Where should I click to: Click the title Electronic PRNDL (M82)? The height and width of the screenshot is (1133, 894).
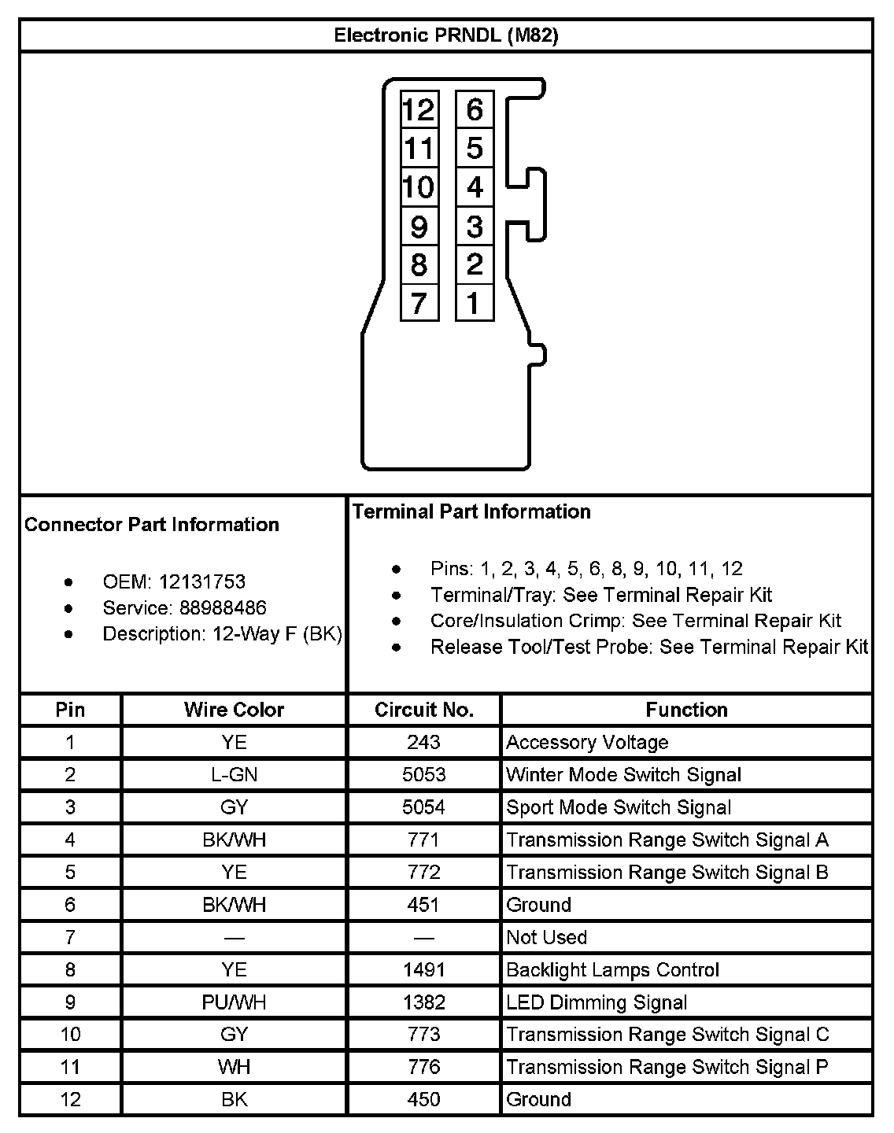tap(446, 35)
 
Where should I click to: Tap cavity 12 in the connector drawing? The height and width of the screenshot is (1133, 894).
tap(419, 109)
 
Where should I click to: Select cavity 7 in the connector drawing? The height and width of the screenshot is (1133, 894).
tap(419, 303)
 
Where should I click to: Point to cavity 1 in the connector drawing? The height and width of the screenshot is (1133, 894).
tap(474, 303)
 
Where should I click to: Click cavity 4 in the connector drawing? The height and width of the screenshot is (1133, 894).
tap(474, 187)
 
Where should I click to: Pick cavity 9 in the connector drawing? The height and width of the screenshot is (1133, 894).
tap(419, 227)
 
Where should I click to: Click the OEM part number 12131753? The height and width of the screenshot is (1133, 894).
tap(201, 582)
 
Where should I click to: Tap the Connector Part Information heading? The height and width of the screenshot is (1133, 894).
tap(152, 525)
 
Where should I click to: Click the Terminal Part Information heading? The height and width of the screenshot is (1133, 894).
tap(471, 511)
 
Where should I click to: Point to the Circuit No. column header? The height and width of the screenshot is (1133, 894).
tap(423, 710)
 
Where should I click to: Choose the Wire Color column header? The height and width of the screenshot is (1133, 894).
tap(234, 710)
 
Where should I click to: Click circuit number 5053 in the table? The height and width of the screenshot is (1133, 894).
tap(423, 775)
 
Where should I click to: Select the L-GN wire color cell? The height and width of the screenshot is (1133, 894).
tap(234, 775)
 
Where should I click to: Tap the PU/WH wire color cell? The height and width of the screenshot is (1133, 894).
tap(234, 1002)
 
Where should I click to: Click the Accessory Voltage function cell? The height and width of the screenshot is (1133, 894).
tap(587, 743)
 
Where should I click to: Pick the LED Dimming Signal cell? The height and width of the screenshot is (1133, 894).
tap(597, 1002)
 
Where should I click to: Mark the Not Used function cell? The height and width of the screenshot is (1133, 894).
tap(546, 937)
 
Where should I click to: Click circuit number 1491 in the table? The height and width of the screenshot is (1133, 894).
tap(423, 970)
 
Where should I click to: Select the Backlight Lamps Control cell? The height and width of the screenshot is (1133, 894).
tap(612, 970)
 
